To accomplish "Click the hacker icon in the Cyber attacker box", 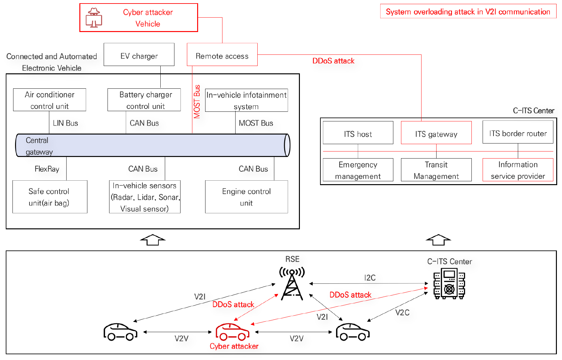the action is [94, 18].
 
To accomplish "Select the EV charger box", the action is [139, 54].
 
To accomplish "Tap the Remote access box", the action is [222, 54].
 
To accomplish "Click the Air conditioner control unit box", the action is [50, 100].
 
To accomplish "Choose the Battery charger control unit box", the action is [144, 100].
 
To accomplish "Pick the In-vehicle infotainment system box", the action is [246, 100].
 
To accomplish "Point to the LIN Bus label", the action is [65, 123].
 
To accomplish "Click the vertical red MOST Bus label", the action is [197, 102].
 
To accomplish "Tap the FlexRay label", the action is [47, 169].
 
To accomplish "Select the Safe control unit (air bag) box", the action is [50, 197].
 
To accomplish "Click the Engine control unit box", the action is [246, 197].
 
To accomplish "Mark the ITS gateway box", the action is [436, 133].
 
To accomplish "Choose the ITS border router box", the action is [518, 132].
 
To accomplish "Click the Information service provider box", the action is [518, 170].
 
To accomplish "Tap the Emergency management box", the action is [358, 170].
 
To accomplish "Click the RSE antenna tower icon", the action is [292, 284].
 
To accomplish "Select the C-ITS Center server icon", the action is [449, 283].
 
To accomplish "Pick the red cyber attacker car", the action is [232, 332].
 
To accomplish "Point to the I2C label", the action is [370, 278].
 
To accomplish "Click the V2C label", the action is [402, 313].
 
